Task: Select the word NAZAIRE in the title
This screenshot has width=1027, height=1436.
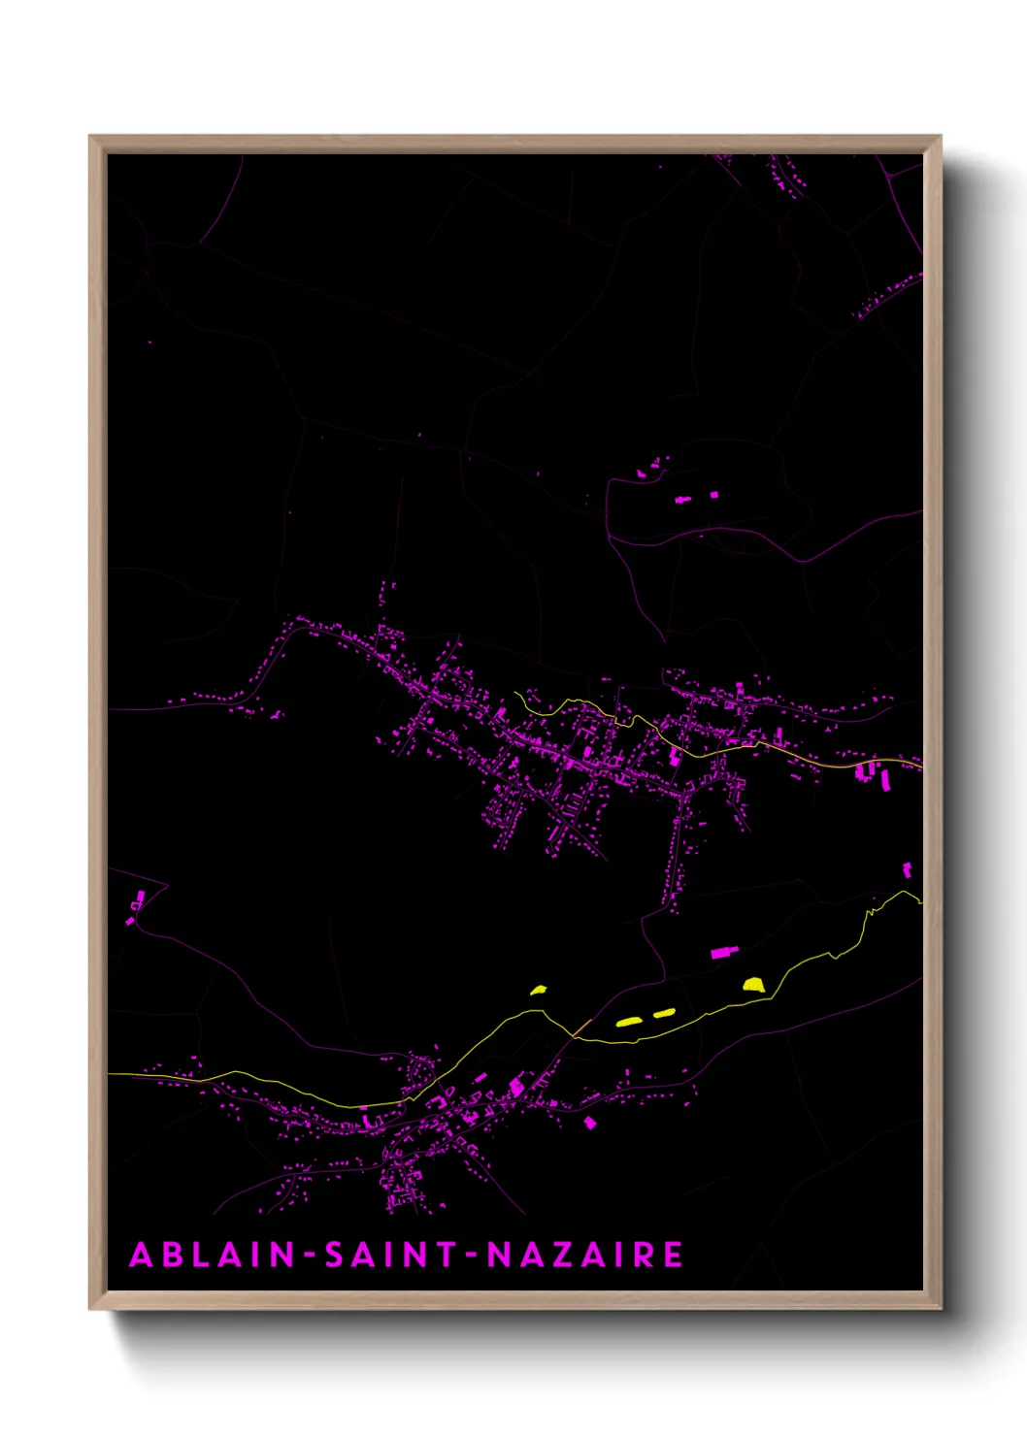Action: [584, 1255]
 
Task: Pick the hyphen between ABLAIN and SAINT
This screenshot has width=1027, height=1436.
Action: [310, 1256]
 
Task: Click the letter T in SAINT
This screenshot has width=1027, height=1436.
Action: [445, 1255]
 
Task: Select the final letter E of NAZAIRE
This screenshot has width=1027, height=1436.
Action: [673, 1255]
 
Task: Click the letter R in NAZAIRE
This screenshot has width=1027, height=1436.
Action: [644, 1255]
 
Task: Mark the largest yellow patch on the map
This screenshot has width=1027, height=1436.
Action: [754, 985]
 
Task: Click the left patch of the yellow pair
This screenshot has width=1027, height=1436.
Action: [629, 1021]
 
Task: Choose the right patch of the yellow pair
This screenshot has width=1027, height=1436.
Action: [664, 1013]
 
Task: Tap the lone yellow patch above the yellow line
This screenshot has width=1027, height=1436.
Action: [539, 990]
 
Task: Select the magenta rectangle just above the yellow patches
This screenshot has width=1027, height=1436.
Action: [724, 952]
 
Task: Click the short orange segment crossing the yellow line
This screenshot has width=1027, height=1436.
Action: [581, 1027]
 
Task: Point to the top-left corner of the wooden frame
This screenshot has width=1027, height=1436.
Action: [90, 137]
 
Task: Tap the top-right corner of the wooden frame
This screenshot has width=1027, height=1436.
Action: [941, 137]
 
